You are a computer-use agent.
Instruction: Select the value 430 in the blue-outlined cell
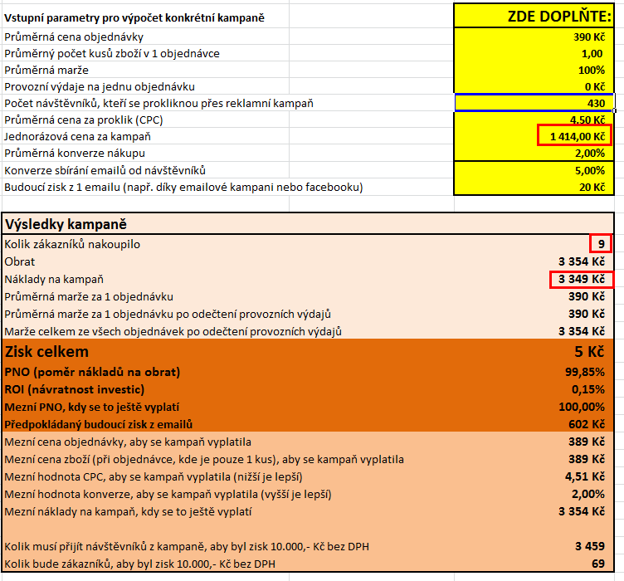coord(596,103)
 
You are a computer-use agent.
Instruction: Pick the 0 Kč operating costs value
coord(594,86)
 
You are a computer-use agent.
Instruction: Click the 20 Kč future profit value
coord(593,187)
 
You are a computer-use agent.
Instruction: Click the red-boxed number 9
coord(601,244)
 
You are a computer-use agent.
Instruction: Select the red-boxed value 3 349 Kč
coord(581,279)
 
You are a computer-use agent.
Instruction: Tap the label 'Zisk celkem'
coord(46,352)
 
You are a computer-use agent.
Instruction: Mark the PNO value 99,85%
coord(583,371)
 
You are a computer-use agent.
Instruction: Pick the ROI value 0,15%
coord(587,388)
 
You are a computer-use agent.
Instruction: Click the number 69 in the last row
coord(597,564)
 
